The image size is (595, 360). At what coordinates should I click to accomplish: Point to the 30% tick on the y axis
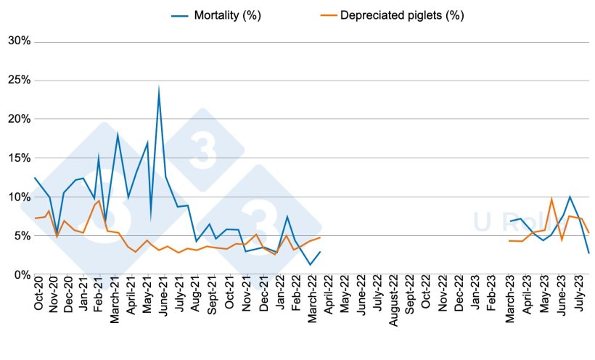point(19,41)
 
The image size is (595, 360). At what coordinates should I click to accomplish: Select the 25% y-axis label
point(19,80)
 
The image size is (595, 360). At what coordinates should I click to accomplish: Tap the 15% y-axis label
point(19,157)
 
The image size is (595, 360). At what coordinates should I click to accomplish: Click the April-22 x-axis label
point(329,298)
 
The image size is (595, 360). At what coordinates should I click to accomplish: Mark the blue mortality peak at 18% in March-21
point(118,134)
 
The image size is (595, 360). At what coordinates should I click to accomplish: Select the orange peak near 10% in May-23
point(551,199)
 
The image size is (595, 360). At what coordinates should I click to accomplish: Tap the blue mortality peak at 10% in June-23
point(570,197)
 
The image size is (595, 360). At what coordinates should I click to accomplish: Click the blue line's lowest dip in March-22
point(310,264)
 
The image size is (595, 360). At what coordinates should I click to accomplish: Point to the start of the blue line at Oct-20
point(34,178)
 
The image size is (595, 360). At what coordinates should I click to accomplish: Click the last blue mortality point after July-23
point(588,253)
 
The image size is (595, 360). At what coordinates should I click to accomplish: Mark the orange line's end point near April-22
point(319,237)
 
